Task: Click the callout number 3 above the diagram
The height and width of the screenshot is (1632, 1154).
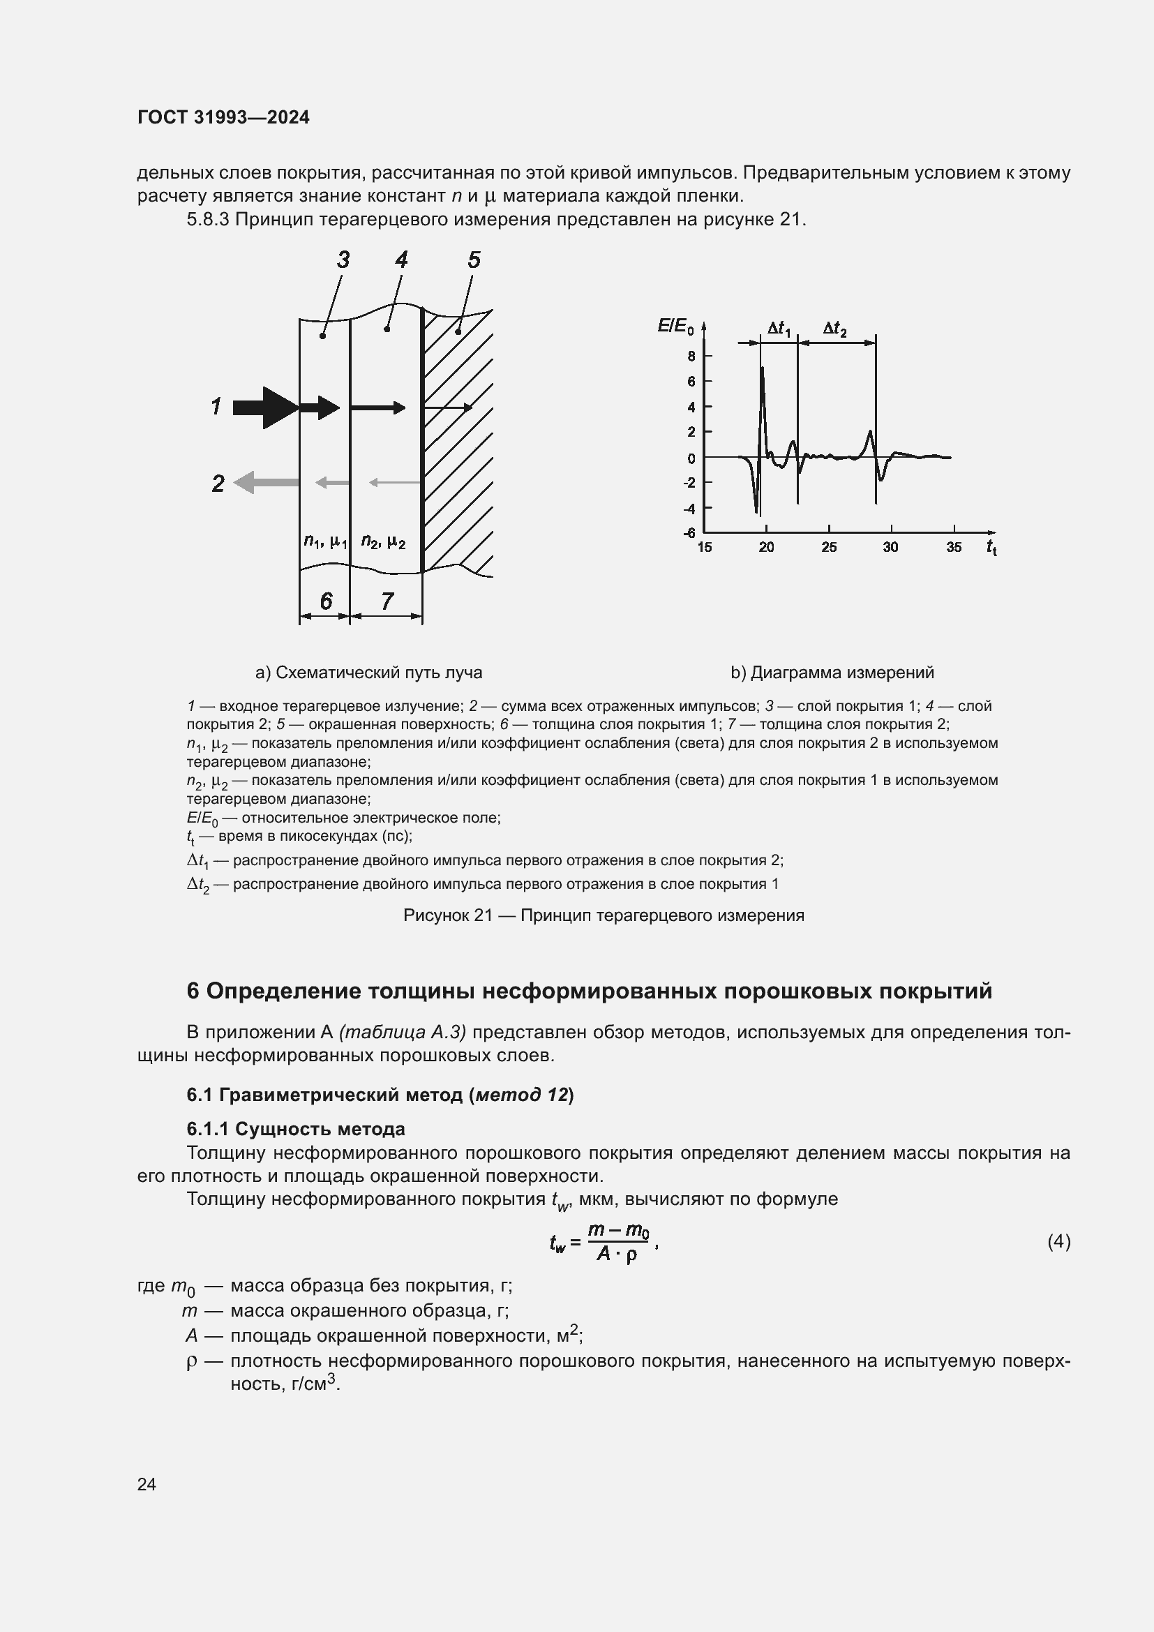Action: pyautogui.click(x=343, y=260)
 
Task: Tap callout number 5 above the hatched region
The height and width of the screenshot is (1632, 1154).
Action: pyautogui.click(x=474, y=260)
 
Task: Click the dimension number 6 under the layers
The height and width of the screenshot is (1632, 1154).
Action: pyautogui.click(x=325, y=601)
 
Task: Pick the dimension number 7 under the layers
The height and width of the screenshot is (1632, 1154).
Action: pyautogui.click(x=387, y=601)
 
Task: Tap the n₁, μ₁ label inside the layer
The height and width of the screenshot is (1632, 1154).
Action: pyautogui.click(x=324, y=541)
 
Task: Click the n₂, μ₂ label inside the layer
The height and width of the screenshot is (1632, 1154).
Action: pyautogui.click(x=383, y=541)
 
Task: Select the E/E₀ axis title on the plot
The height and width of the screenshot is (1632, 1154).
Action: pyautogui.click(x=675, y=327)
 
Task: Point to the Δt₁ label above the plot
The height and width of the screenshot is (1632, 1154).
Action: pyautogui.click(x=779, y=329)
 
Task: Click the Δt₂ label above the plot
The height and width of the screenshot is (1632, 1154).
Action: pyautogui.click(x=835, y=329)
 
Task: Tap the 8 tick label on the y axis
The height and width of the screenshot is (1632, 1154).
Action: pyautogui.click(x=691, y=356)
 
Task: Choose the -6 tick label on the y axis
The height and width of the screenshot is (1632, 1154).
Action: pyautogui.click(x=689, y=532)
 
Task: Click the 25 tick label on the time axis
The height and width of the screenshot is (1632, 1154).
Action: pyautogui.click(x=829, y=547)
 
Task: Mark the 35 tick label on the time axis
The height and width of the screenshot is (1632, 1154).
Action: pyautogui.click(x=954, y=547)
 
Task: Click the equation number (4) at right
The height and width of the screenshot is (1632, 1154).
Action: pyautogui.click(x=1059, y=1241)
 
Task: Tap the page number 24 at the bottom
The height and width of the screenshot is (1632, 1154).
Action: pyautogui.click(x=147, y=1484)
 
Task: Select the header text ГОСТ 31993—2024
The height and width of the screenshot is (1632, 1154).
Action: pyautogui.click(x=223, y=117)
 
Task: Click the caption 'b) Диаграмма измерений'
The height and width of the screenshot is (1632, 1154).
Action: pyautogui.click(x=832, y=673)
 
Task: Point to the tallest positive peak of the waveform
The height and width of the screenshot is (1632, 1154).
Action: pyautogui.click(x=763, y=368)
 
